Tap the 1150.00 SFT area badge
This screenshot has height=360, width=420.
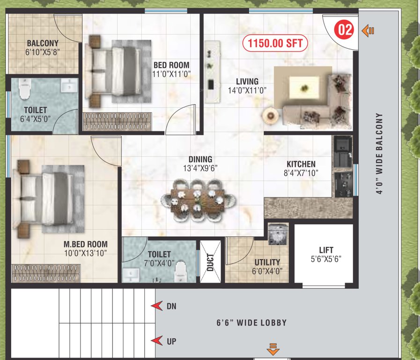(275, 44)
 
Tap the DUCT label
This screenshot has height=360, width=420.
(210, 262)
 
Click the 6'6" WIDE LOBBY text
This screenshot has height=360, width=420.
(251, 322)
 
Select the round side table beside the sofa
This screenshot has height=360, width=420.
(270, 115)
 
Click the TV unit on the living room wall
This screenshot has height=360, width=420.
(212, 71)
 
